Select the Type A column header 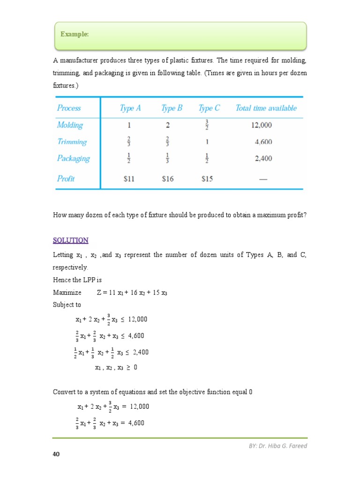[130, 108]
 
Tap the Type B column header [172, 108]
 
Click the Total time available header [266, 108]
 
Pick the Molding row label [70, 125]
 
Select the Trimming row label [72, 142]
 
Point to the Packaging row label [73, 158]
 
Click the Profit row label [66, 179]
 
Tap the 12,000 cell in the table [261, 125]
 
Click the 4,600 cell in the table [263, 142]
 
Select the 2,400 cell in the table [263, 159]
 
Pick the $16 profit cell [168, 179]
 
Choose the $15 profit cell [208, 179]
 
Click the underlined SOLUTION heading [70, 240]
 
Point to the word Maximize [67, 292]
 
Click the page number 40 [56, 454]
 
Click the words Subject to [67, 305]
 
